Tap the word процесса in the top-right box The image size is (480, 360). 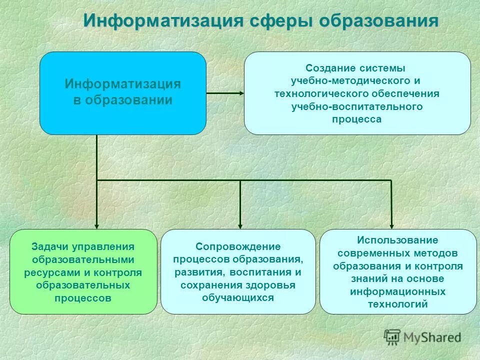356,119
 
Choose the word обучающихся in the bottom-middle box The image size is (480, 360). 238,298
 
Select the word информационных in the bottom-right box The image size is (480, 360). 397,291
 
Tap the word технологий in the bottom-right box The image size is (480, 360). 397,304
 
